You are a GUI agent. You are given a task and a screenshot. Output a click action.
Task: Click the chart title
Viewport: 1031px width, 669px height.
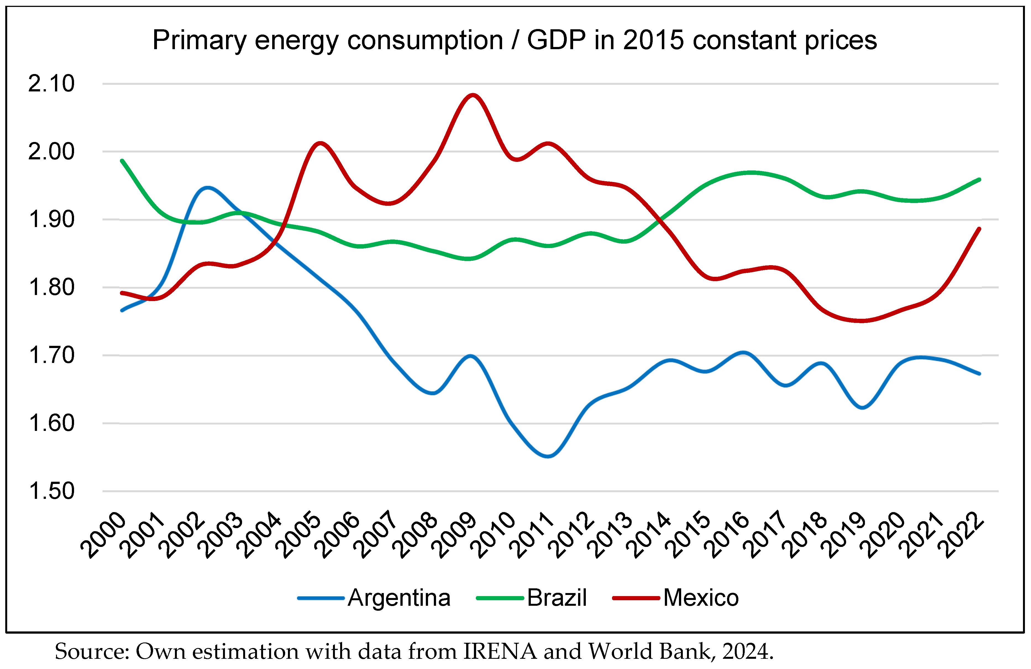(x=515, y=40)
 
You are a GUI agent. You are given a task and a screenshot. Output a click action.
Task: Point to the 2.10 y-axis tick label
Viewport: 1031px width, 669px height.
(x=51, y=84)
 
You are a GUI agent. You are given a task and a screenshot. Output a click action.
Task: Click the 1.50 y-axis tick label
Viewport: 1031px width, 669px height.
(x=51, y=491)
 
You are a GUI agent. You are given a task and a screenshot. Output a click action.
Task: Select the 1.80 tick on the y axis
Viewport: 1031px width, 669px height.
(x=51, y=288)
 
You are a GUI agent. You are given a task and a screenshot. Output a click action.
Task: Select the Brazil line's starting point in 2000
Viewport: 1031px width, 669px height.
(x=122, y=161)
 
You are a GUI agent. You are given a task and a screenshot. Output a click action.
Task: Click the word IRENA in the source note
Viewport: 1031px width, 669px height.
(x=500, y=652)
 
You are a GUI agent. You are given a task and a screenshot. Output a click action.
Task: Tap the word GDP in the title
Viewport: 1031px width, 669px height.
(x=556, y=40)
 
